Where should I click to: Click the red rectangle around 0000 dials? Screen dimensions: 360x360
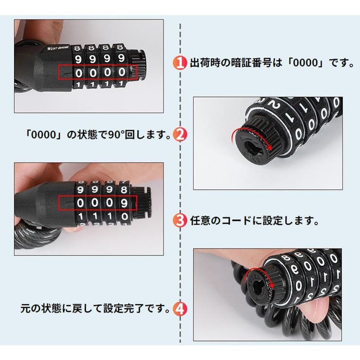(x=97, y=72)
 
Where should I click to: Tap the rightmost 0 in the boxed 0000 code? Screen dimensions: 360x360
(x=122, y=72)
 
